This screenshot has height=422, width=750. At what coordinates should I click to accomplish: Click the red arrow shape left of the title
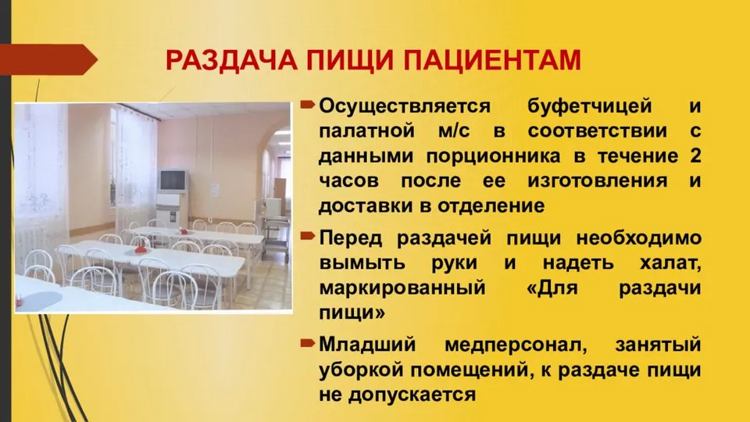coord(48,59)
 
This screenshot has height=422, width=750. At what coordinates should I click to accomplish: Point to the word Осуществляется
coord(405,106)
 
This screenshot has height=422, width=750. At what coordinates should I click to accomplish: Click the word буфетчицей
coord(589,105)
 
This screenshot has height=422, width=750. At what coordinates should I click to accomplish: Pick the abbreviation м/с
coord(454,131)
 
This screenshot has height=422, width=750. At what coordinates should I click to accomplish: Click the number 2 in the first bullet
coord(695,156)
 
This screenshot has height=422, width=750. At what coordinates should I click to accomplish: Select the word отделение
coord(491,206)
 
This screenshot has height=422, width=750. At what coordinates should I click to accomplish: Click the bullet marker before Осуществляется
coord(308,104)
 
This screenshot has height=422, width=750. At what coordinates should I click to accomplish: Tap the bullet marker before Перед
coord(308,235)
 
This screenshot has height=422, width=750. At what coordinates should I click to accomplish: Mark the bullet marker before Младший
coord(308,342)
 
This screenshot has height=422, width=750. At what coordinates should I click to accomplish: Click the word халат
coord(670,263)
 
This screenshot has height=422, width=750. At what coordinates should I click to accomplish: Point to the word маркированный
coord(402,288)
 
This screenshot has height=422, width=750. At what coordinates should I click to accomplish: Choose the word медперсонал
coord(516,345)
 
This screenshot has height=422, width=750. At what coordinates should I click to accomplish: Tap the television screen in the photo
coord(173,181)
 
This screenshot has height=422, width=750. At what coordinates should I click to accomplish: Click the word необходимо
coord(638,238)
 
